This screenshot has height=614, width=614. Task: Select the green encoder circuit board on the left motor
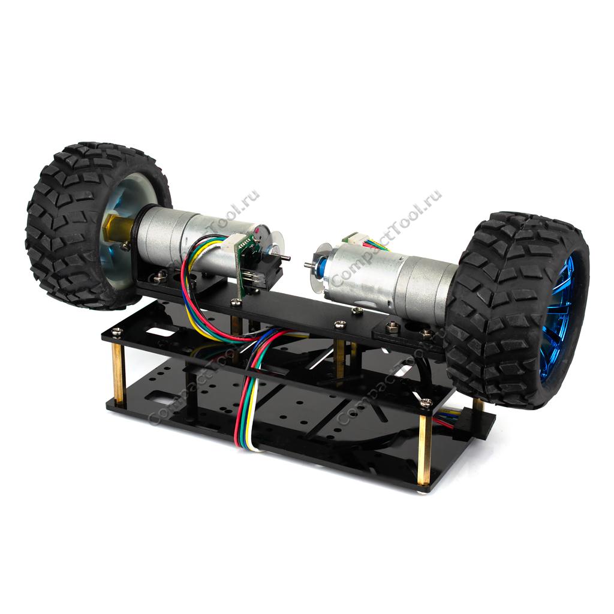(x=246, y=264)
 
